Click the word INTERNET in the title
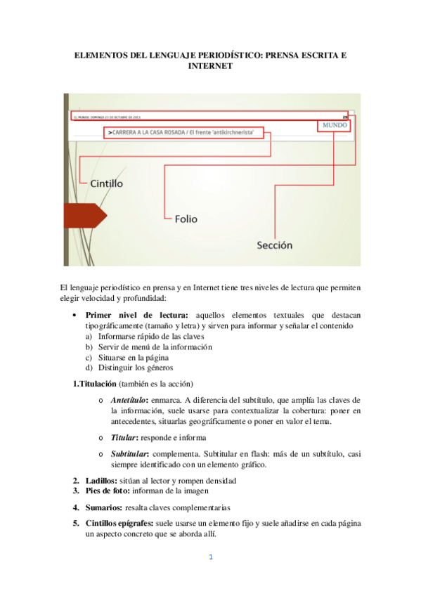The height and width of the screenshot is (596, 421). pyautogui.click(x=211, y=66)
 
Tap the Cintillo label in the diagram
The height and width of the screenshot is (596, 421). pyautogui.click(x=107, y=183)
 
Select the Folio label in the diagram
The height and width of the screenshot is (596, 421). pyautogui.click(x=186, y=219)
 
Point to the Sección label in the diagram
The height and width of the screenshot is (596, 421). pyautogui.click(x=274, y=245)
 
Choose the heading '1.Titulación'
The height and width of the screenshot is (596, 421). pyautogui.click(x=94, y=383)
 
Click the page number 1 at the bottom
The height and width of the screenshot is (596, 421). pyautogui.click(x=210, y=558)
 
